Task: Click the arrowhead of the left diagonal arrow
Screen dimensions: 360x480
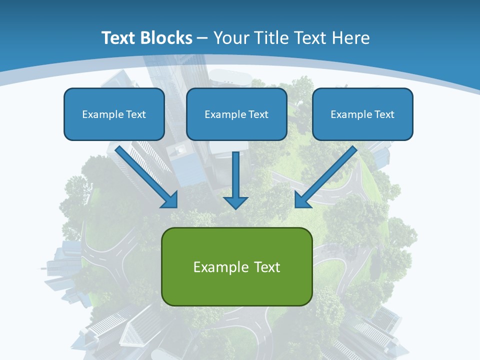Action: (171, 200)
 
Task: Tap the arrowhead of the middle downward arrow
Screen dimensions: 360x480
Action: (235, 202)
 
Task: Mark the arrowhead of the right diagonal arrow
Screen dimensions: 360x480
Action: (301, 200)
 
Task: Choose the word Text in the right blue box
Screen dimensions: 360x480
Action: (384, 114)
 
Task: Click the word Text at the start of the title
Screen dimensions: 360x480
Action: (118, 38)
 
